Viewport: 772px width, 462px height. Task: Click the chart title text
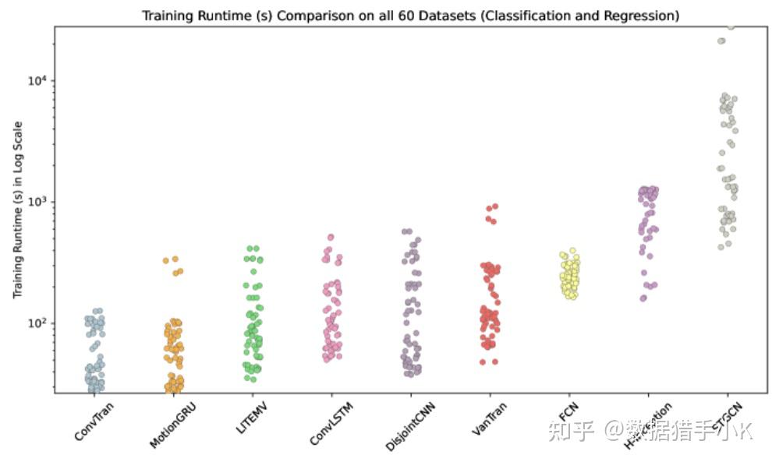tap(410, 15)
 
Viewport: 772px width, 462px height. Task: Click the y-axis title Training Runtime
tap(17, 210)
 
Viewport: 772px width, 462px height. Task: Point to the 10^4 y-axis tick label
tap(38, 81)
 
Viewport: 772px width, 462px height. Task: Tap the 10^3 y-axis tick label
tap(38, 202)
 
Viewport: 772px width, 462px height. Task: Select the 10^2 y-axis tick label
tap(38, 323)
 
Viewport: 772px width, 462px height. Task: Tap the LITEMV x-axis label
tap(255, 418)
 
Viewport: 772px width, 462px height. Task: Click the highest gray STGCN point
tap(731, 26)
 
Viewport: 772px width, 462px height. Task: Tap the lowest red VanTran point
tap(483, 362)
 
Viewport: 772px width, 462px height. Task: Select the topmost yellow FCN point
tap(572, 251)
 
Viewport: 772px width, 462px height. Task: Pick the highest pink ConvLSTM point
tap(331, 237)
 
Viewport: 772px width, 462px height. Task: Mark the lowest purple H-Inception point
tap(643, 298)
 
